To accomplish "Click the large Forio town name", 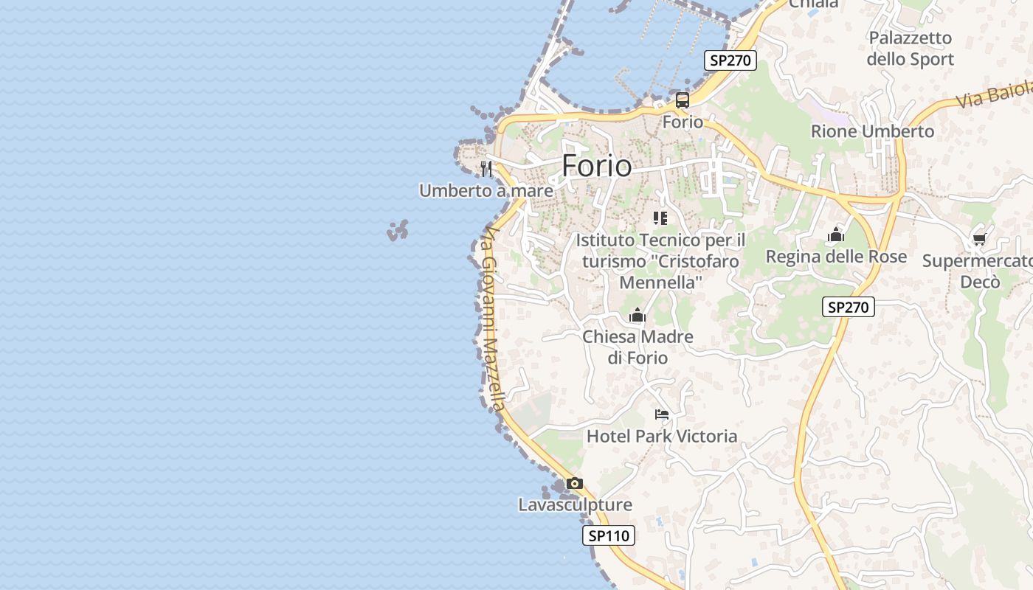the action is (x=596, y=166).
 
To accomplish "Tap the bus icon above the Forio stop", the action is (x=683, y=100).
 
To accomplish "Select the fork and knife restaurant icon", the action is (x=486, y=169).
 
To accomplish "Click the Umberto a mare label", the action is (x=486, y=191).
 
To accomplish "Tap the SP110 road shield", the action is (x=609, y=536).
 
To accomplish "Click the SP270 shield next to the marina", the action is (x=730, y=60).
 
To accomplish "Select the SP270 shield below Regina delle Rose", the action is (x=849, y=307).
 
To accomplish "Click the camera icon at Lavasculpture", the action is (x=575, y=484).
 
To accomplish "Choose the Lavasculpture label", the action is (x=575, y=505).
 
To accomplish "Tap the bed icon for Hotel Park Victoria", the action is (x=662, y=414).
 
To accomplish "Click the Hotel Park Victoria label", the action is (x=662, y=437).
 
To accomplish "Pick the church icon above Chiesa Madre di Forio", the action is (x=638, y=316).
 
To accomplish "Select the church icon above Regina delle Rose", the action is (x=836, y=235).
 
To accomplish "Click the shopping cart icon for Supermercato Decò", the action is (x=979, y=239).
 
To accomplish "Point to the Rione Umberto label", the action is (x=872, y=131).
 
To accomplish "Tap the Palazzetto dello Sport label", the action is (x=911, y=49).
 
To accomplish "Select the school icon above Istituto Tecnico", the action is (x=660, y=218).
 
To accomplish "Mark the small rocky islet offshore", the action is (x=398, y=231).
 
